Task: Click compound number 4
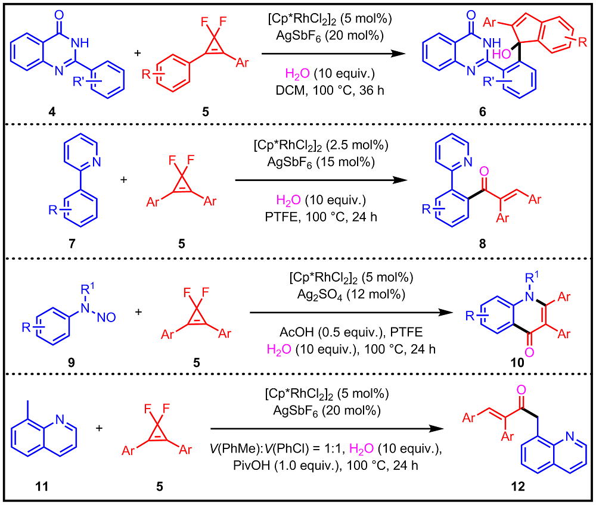(52, 111)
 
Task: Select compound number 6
(482, 111)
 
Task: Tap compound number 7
(72, 243)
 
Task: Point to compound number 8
(482, 243)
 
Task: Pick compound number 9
(71, 363)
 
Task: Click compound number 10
(517, 363)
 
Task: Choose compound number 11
(42, 487)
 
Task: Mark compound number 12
(518, 487)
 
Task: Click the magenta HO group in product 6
(502, 54)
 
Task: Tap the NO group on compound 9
(107, 317)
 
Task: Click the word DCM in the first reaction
(290, 91)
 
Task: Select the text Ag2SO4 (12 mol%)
(351, 295)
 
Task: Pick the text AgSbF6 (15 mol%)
(321, 163)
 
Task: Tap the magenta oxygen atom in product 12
(521, 389)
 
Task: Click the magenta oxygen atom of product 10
(529, 352)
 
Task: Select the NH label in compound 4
(80, 42)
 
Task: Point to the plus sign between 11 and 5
(99, 428)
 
